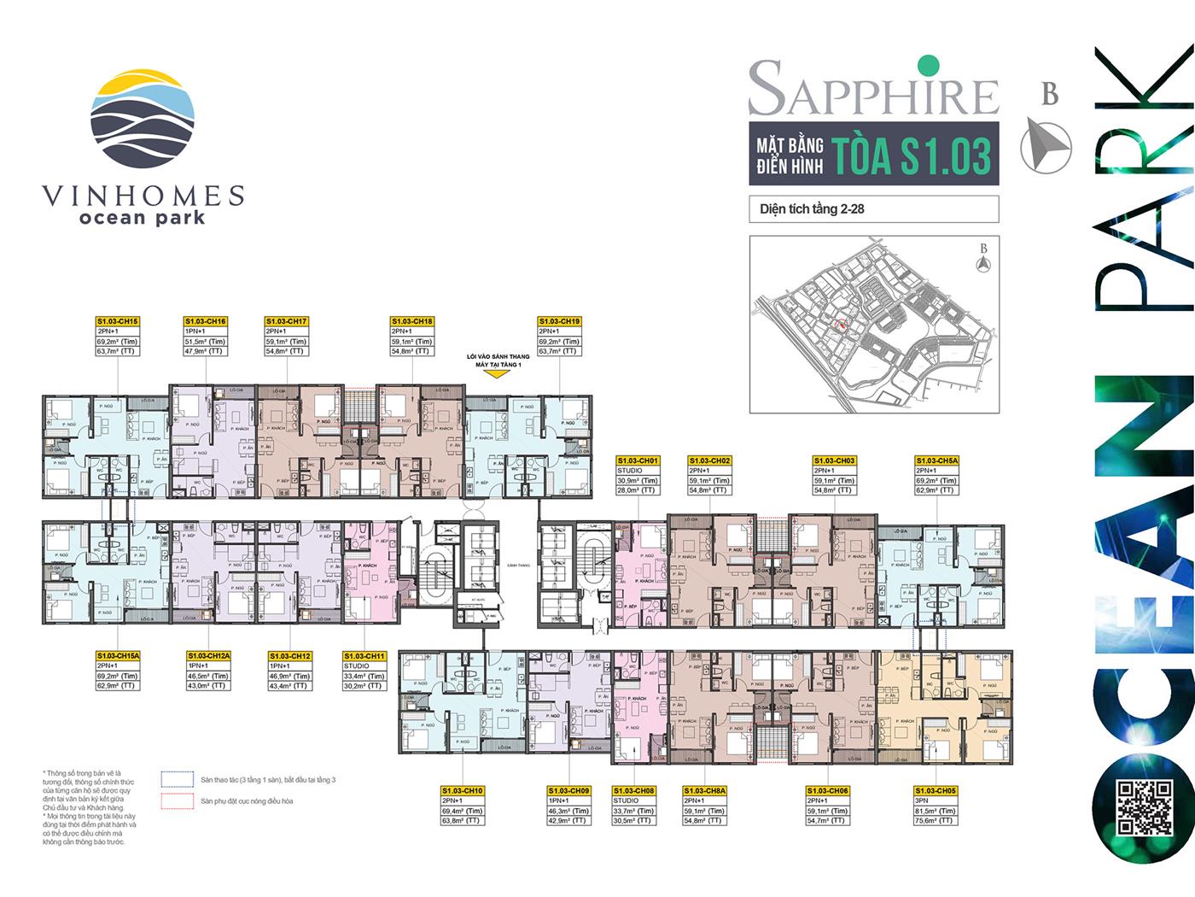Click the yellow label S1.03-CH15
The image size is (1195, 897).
point(118,321)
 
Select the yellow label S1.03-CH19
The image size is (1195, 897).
point(560,321)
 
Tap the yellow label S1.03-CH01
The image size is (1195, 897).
point(638,461)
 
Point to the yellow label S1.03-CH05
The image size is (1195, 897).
point(936,791)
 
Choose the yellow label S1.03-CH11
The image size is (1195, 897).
point(364,656)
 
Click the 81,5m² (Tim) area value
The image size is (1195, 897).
point(936,812)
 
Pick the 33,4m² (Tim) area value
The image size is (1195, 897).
point(364,676)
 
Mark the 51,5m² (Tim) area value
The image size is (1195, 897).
point(206,342)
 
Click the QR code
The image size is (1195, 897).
point(1144,808)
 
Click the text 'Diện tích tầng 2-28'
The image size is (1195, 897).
point(812,208)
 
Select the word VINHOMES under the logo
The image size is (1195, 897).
point(143,196)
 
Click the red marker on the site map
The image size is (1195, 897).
point(841,324)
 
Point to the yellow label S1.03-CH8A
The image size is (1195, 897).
point(705,791)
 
